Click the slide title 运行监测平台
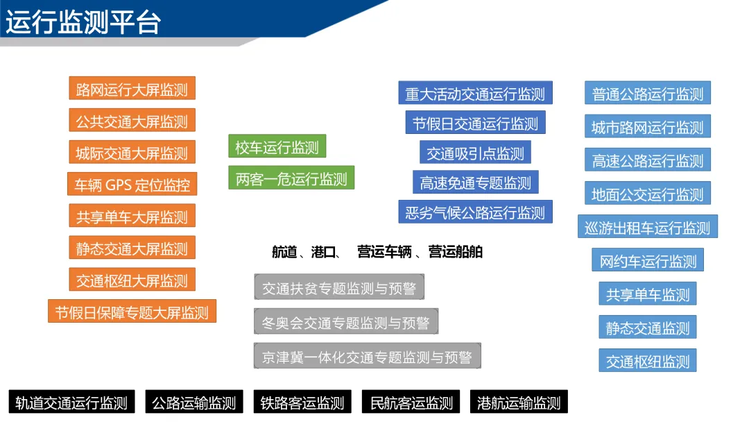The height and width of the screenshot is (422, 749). click(x=83, y=22)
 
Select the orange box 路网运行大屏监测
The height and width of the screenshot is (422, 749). click(x=132, y=89)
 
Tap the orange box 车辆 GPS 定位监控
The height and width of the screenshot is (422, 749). click(x=132, y=185)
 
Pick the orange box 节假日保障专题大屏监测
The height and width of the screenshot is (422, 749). click(x=132, y=312)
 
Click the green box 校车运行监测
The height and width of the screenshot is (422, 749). click(x=277, y=146)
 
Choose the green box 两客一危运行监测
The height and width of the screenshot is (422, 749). click(x=291, y=178)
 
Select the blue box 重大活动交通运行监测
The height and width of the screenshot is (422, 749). click(x=475, y=93)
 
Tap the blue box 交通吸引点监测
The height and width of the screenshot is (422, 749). click(x=475, y=153)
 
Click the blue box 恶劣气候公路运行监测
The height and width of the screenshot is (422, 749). click(x=475, y=212)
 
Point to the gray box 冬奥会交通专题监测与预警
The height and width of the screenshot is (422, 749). click(x=346, y=322)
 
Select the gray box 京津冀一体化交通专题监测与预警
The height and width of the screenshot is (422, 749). click(x=367, y=356)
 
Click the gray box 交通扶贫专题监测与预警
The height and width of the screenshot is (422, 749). click(x=338, y=287)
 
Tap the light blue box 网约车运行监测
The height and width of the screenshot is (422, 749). click(x=648, y=261)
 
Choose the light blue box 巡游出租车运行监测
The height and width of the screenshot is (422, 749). click(x=648, y=227)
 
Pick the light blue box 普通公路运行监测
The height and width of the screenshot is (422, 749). click(x=648, y=94)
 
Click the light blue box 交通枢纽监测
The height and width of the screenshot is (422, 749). click(x=648, y=361)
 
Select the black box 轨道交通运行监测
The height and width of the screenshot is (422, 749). click(x=71, y=402)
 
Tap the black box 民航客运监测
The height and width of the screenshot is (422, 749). click(x=411, y=402)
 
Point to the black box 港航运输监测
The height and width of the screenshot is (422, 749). click(x=519, y=402)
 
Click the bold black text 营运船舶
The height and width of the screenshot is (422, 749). click(x=455, y=252)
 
